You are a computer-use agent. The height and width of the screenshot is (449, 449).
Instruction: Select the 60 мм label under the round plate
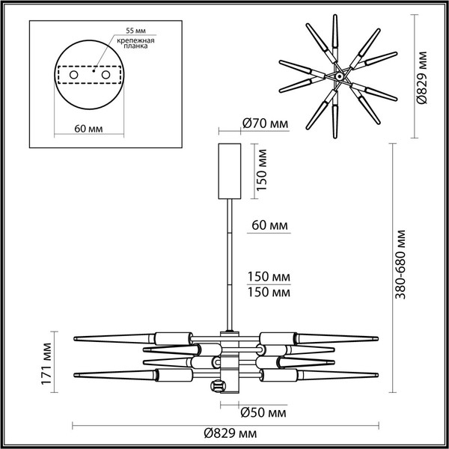[91, 129]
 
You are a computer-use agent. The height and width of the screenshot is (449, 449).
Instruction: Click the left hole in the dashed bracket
[74, 75]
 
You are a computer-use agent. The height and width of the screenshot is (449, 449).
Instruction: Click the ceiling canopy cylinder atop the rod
[227, 170]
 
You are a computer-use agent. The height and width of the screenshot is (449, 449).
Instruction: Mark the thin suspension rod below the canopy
[227, 262]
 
